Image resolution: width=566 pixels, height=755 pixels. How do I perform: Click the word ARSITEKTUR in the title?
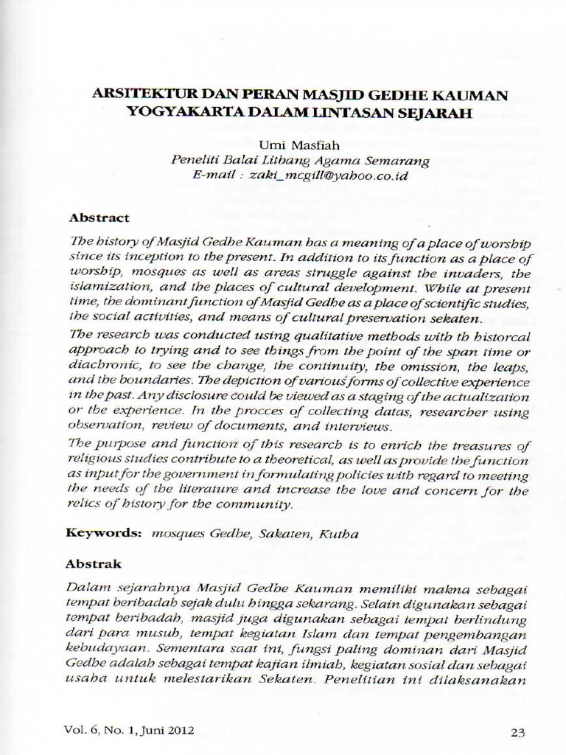coord(133,96)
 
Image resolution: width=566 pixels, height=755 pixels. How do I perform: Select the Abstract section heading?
coord(99,218)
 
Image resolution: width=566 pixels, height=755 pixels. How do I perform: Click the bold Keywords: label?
coord(104,533)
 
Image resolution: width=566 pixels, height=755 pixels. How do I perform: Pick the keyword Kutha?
coord(338,534)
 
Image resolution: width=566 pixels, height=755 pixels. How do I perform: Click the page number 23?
coord(517,732)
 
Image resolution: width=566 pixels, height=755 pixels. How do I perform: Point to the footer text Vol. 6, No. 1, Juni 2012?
coord(130,731)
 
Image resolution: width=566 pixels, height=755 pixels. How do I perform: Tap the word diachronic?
coord(101,366)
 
